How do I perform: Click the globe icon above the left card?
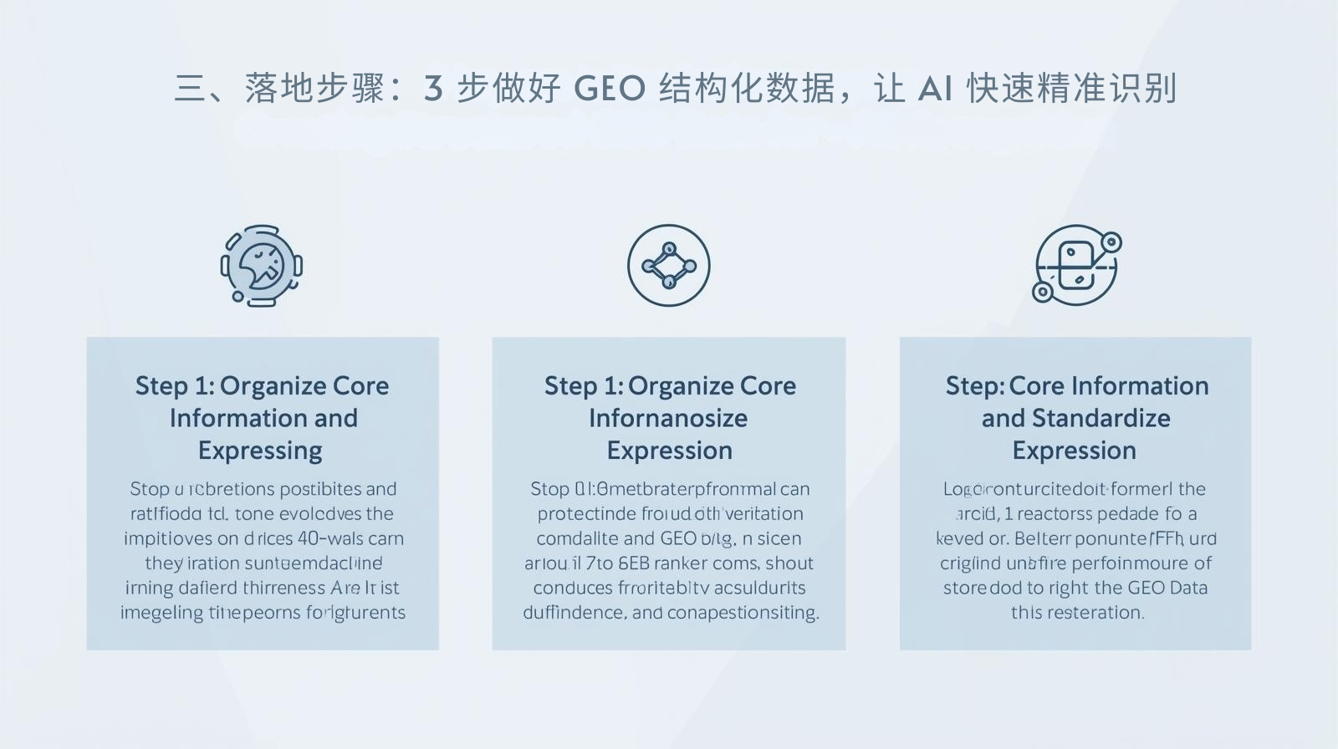point(262,266)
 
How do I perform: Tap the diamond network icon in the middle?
point(668,266)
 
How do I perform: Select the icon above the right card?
point(1076,266)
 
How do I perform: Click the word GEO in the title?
point(610,89)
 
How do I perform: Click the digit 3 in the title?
point(432,89)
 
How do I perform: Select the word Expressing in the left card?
point(260,451)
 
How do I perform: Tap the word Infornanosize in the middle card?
point(668,418)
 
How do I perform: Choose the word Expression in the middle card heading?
point(670,451)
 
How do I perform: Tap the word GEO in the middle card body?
point(677,538)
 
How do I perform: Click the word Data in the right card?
point(1188,588)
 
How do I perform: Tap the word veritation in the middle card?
point(763,513)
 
